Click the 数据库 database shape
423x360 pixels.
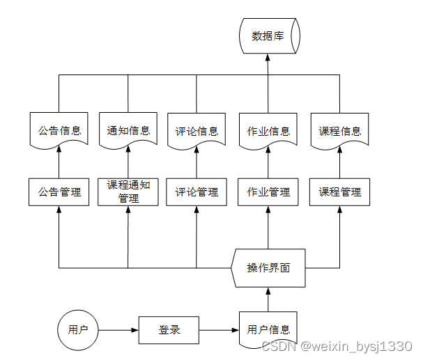[268, 36]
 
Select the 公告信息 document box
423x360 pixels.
[59, 130]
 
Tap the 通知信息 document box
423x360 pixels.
[128, 130]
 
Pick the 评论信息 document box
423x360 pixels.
[197, 130]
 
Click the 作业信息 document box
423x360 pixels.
[268, 130]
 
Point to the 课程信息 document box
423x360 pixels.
[339, 130]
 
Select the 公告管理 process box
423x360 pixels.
[59, 191]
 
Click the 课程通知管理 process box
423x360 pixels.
[128, 191]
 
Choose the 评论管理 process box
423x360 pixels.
[197, 191]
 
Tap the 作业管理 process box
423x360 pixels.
[268, 191]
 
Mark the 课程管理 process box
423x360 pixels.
[339, 191]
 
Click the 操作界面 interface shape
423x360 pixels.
[268, 268]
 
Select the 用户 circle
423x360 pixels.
[77, 330]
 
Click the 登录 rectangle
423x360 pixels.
[169, 330]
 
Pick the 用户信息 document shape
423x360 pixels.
[268, 329]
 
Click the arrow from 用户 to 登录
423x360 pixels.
[118, 330]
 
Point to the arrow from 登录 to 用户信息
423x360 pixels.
[219, 330]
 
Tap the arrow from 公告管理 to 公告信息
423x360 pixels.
[59, 164]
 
